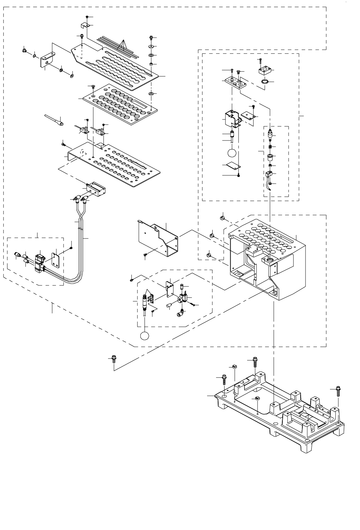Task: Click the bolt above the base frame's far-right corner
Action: pyautogui.click(x=338, y=392)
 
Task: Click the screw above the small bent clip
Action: pyautogui.click(x=87, y=17)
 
